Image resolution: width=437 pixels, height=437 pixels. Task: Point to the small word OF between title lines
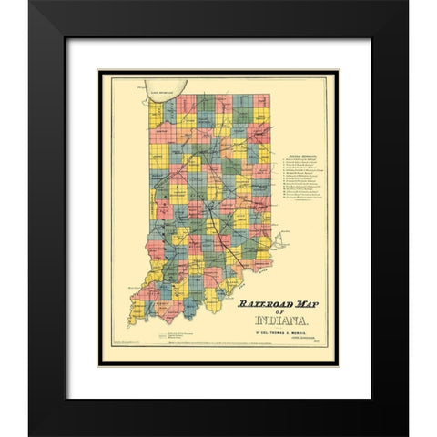click(279, 313)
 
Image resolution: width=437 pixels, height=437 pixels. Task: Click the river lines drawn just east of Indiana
click(278, 241)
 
